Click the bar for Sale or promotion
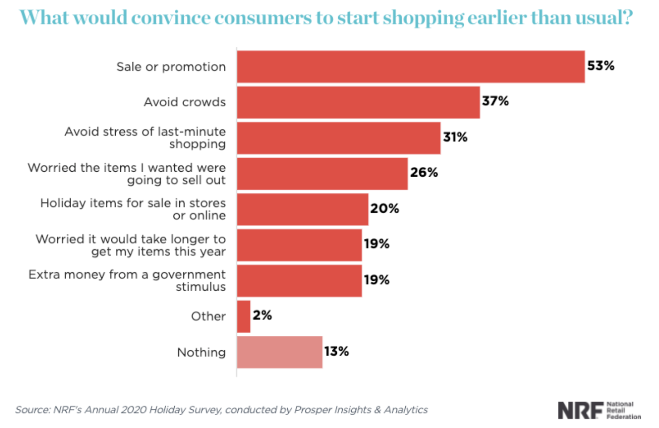pyautogui.click(x=411, y=67)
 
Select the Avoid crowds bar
pyautogui.click(x=358, y=103)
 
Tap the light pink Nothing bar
pyautogui.click(x=280, y=352)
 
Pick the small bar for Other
pyautogui.click(x=244, y=316)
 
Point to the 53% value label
pyautogui.click(x=600, y=66)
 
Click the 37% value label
pyautogui.click(x=495, y=101)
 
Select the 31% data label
pyautogui.click(x=455, y=137)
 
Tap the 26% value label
pyautogui.click(x=424, y=173)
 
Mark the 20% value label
pyautogui.click(x=384, y=209)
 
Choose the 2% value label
pyautogui.click(x=262, y=315)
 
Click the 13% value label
pyautogui.click(x=336, y=351)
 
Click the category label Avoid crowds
pyautogui.click(x=185, y=102)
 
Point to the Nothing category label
pyautogui.click(x=201, y=352)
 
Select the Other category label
pyautogui.click(x=208, y=316)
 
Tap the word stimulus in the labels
pyautogui.click(x=201, y=287)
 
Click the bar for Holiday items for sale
pyautogui.click(x=302, y=209)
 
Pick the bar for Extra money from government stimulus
pyautogui.click(x=299, y=281)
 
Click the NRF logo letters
pyautogui.click(x=580, y=410)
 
